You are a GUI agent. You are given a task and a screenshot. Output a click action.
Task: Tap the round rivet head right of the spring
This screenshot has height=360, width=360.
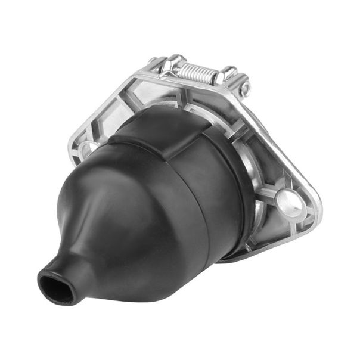246,89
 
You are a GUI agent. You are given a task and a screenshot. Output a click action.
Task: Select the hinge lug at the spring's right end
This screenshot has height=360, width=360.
228,75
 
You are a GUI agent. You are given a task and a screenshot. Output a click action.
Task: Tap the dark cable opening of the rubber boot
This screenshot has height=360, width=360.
55,287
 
